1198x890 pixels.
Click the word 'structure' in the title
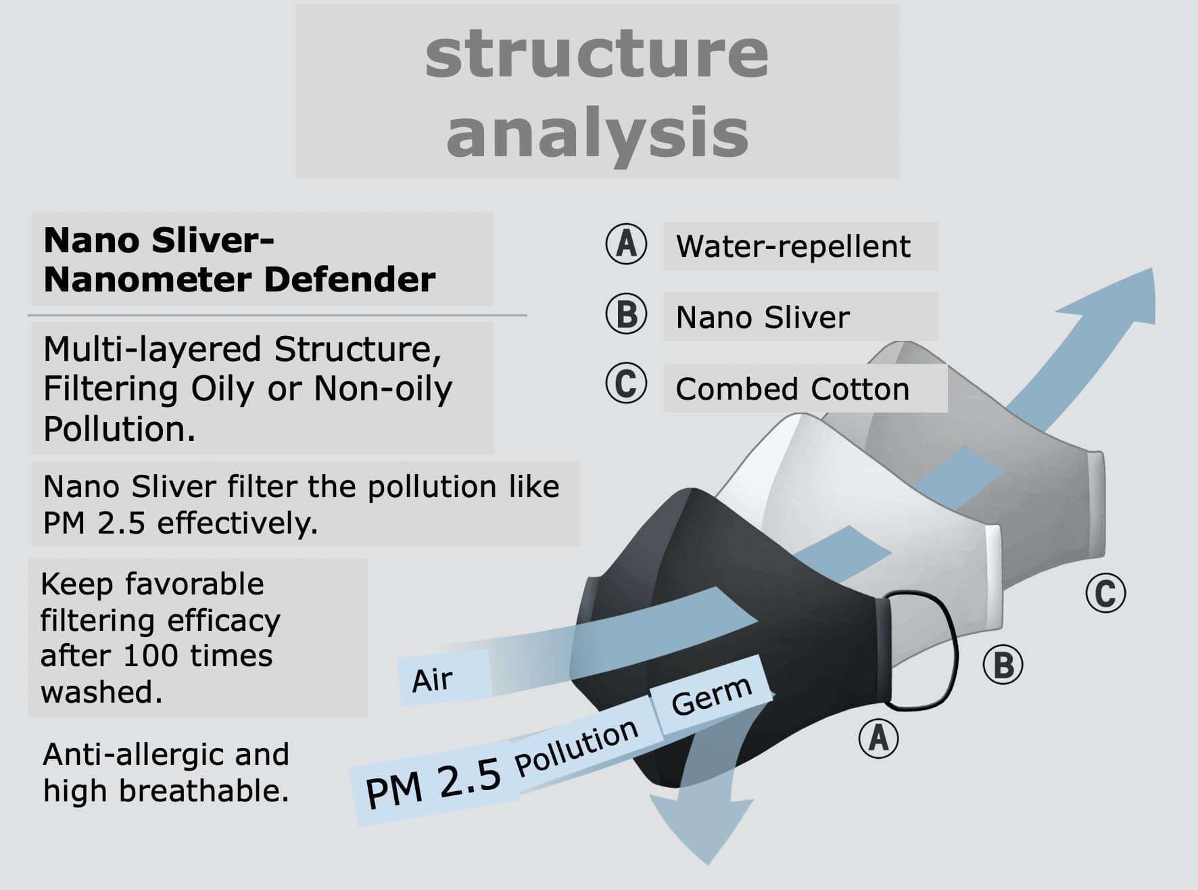596,54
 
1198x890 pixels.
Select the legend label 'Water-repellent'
793,247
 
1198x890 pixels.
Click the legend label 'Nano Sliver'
763,318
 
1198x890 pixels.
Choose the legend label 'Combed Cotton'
792,390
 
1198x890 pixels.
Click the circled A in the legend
626,244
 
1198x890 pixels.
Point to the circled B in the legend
626,314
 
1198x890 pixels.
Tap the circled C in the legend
626,383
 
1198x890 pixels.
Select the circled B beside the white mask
1003,664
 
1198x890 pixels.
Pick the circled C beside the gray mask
1105,593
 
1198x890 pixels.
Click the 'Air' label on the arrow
433,680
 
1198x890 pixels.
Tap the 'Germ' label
711,697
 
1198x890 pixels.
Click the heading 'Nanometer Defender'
239,280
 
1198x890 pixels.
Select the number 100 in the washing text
147,656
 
